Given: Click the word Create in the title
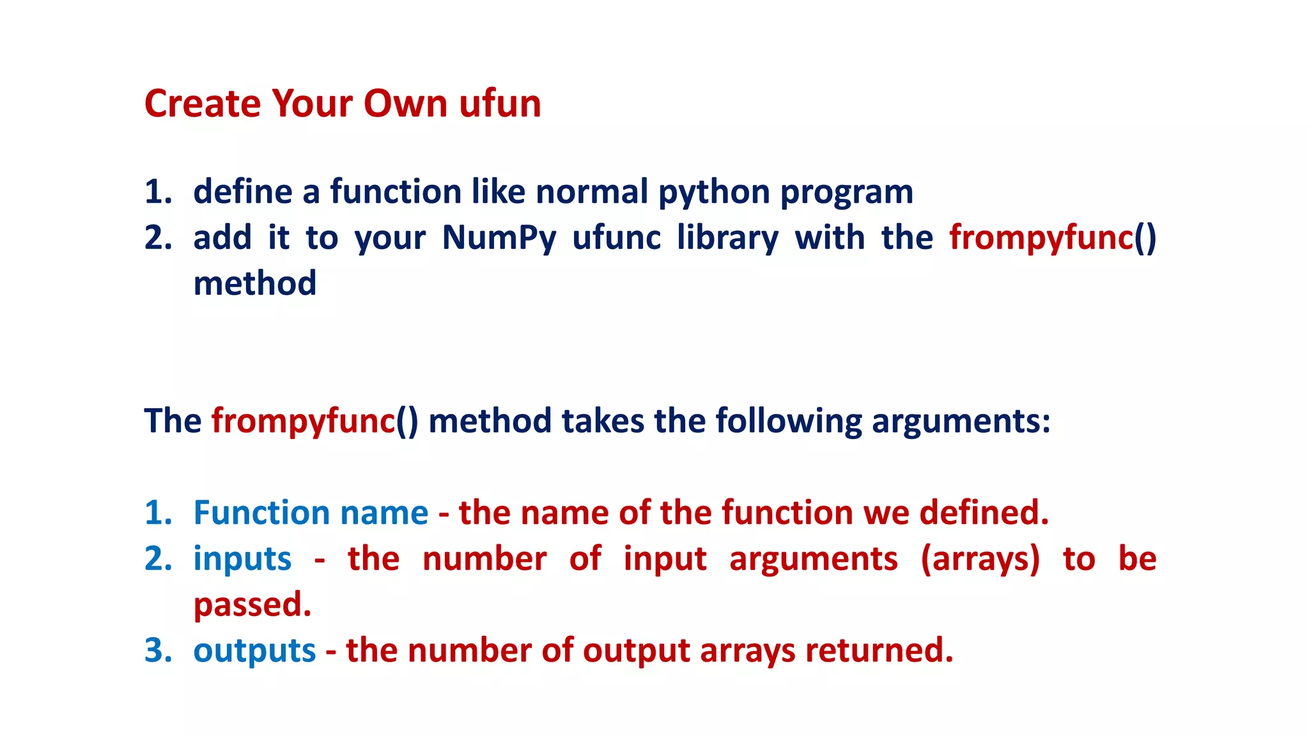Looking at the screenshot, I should pos(203,104).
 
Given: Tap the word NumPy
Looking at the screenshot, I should pos(499,238).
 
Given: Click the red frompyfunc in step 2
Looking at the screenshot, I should pos(1041,238).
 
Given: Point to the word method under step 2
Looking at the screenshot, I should pos(254,283).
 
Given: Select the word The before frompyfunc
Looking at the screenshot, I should pos(173,421).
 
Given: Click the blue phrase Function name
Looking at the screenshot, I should pos(311,513).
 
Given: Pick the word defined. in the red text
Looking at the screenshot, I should pos(984,513).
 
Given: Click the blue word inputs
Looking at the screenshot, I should pos(242,559).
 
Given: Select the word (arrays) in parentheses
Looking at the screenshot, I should pos(980,559).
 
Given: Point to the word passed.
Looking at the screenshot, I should pos(252,605).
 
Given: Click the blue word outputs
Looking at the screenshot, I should pos(254,651).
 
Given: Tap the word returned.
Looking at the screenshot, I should pos(879,651).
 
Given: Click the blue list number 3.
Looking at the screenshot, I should pos(158,651).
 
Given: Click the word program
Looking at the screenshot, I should pos(846,192).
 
